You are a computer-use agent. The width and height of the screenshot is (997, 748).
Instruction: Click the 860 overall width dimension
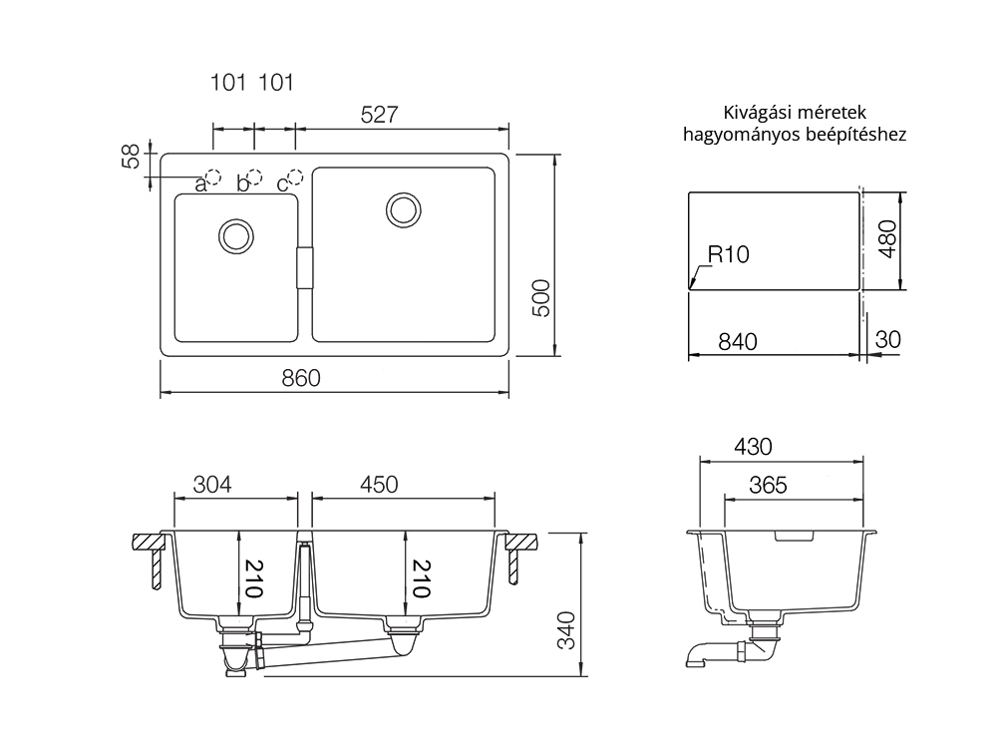click(x=301, y=378)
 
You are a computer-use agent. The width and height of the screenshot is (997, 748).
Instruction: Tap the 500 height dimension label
click(x=540, y=297)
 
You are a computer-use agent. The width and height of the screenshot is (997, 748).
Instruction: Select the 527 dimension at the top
click(x=379, y=115)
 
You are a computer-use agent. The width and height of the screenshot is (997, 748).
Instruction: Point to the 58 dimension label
click(x=130, y=157)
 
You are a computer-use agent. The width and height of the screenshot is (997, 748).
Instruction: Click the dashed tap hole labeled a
click(x=213, y=177)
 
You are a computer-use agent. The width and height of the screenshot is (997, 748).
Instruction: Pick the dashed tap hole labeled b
click(x=255, y=177)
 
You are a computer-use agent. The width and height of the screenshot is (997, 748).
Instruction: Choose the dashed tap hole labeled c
click(x=296, y=177)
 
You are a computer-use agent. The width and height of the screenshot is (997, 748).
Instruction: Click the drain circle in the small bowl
click(x=236, y=236)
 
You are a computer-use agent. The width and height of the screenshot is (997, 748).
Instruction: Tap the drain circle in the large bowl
click(x=403, y=209)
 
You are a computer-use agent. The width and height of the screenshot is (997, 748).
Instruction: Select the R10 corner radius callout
click(x=729, y=254)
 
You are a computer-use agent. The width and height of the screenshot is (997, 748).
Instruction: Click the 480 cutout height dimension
click(x=887, y=239)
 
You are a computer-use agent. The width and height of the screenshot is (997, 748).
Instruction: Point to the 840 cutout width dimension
click(x=738, y=342)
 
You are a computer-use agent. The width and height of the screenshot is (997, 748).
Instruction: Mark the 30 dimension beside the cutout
click(x=888, y=340)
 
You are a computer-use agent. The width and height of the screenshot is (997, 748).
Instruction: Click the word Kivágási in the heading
click(x=751, y=114)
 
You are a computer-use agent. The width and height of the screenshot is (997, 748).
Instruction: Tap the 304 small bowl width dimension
click(x=212, y=485)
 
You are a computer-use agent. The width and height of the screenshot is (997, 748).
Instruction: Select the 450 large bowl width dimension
click(x=379, y=485)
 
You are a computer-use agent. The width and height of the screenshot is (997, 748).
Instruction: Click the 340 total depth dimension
click(x=566, y=630)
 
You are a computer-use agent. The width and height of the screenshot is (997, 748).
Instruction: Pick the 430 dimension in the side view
click(x=754, y=447)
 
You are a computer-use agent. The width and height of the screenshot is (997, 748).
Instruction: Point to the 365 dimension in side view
click(x=768, y=486)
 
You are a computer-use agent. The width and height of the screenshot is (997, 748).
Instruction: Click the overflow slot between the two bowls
click(x=305, y=267)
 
